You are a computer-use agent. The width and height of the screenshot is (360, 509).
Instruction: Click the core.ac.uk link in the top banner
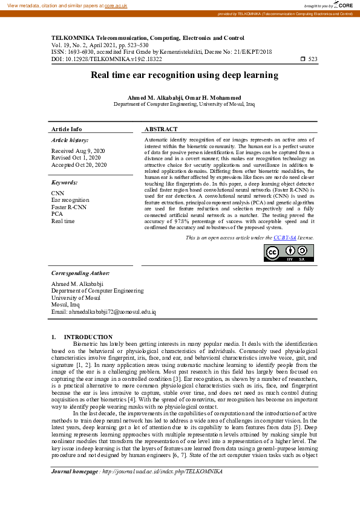coord(116,5)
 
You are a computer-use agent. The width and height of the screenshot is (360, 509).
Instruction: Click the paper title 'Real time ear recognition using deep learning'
coord(185,76)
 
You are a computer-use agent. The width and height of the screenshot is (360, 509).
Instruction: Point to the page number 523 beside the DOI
coord(313,59)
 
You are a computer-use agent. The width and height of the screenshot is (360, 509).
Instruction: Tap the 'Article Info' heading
coord(67,129)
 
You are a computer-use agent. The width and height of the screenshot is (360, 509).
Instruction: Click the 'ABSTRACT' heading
coord(161,129)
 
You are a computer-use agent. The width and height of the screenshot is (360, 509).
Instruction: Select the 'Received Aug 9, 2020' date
coord(78,151)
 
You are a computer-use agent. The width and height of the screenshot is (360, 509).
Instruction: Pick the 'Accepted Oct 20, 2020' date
coord(79,164)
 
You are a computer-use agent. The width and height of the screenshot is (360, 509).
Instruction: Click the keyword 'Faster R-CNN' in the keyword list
coord(70,207)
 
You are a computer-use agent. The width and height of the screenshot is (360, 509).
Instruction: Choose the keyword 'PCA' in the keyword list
coord(57,214)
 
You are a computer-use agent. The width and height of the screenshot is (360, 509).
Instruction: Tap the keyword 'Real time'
coord(63,221)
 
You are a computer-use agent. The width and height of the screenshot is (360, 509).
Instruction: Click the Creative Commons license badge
coord(289,253)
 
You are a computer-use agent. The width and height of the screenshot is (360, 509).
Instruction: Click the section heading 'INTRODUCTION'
coord(88,337)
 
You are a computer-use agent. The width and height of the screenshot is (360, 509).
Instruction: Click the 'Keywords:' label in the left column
coord(64,182)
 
